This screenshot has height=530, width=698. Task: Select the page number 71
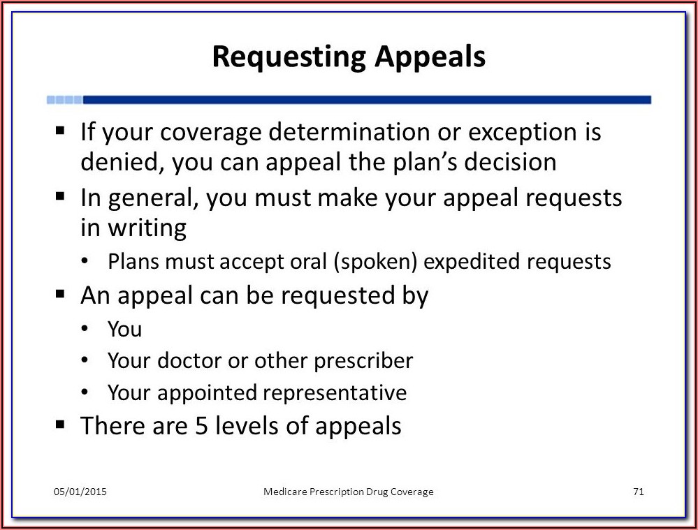pyautogui.click(x=638, y=492)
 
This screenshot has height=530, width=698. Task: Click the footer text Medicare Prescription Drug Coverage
pyautogui.click(x=348, y=492)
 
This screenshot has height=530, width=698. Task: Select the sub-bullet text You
pyautogui.click(x=124, y=329)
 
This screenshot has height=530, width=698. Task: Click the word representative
pyautogui.click(x=334, y=392)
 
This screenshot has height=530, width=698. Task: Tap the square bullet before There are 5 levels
pyautogui.click(x=60, y=424)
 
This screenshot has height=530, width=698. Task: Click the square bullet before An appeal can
pyautogui.click(x=60, y=294)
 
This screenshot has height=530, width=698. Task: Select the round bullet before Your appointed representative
pyautogui.click(x=85, y=392)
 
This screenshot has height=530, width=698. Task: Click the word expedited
pyautogui.click(x=472, y=262)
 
